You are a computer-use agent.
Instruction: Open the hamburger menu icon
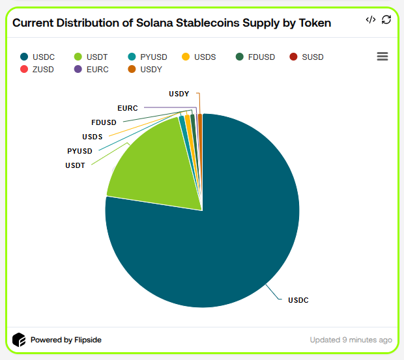(x=382, y=57)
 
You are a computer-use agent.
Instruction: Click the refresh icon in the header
(x=386, y=20)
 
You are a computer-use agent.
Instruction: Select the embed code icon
(x=370, y=20)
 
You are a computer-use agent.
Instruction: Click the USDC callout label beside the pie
(x=298, y=300)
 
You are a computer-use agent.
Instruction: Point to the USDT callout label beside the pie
(x=75, y=165)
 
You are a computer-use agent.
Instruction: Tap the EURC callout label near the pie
(x=128, y=107)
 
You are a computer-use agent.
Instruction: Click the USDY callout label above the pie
(x=179, y=94)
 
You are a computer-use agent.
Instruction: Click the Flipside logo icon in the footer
(x=19, y=340)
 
